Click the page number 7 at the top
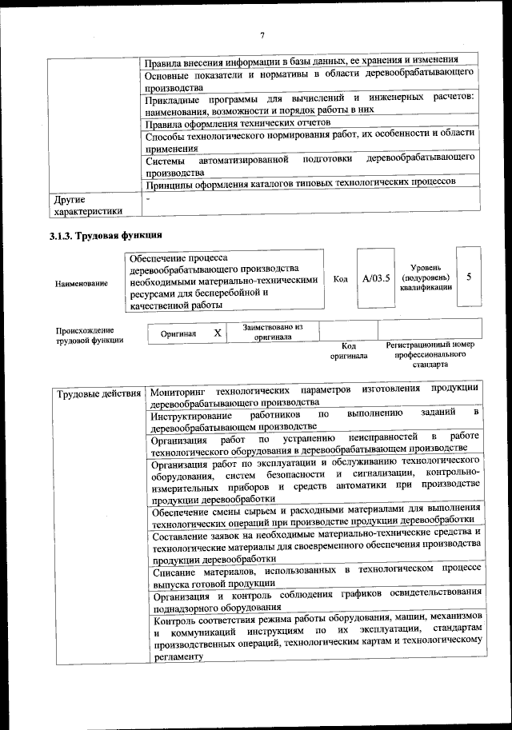click(x=262, y=34)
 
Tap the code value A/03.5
click(x=376, y=278)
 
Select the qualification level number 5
click(x=469, y=277)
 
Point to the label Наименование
click(x=81, y=283)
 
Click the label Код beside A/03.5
click(x=341, y=278)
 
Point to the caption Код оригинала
click(x=348, y=350)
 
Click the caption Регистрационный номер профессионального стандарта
click(x=430, y=353)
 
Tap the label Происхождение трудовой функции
click(x=89, y=335)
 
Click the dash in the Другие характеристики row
click(x=148, y=196)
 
